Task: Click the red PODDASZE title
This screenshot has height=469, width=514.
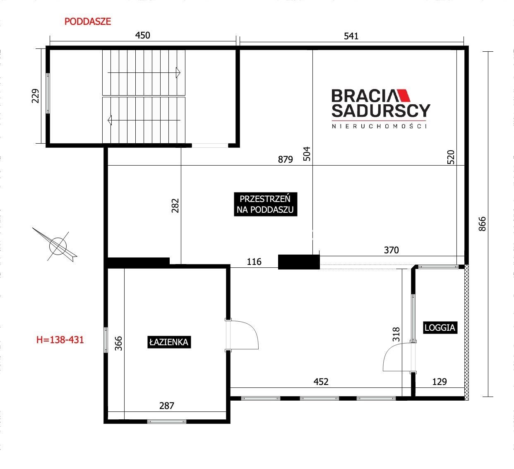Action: [x=88, y=22]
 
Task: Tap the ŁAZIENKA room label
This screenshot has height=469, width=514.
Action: [x=169, y=342]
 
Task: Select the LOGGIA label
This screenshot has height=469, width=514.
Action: [x=440, y=327]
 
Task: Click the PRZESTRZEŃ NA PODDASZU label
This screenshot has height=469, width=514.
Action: [x=265, y=204]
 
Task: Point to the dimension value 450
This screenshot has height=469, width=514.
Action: [x=142, y=35]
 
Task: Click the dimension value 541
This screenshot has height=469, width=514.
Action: [x=351, y=36]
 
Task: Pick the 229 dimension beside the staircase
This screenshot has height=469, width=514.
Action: [x=35, y=96]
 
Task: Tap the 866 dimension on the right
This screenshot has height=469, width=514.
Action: [x=482, y=224]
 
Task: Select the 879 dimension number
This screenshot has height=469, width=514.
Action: [x=286, y=159]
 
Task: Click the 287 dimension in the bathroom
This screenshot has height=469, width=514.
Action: [x=166, y=406]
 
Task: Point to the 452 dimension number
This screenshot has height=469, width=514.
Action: [x=321, y=382]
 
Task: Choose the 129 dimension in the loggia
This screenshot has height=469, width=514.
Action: [x=440, y=382]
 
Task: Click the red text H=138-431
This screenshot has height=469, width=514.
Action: [x=60, y=340]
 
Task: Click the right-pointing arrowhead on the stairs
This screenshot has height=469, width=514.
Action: [x=178, y=72]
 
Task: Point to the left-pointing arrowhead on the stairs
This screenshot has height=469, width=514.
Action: [x=110, y=120]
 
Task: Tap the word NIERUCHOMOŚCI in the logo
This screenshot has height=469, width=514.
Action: [x=379, y=126]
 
